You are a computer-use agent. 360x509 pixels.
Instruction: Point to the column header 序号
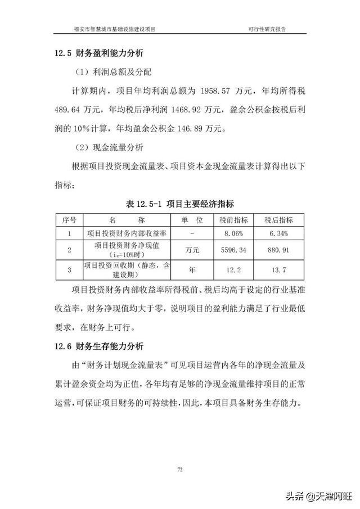pyautogui.click(x=69, y=219)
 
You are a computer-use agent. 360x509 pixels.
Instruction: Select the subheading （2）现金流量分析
pyautogui.click(x=110, y=148)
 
